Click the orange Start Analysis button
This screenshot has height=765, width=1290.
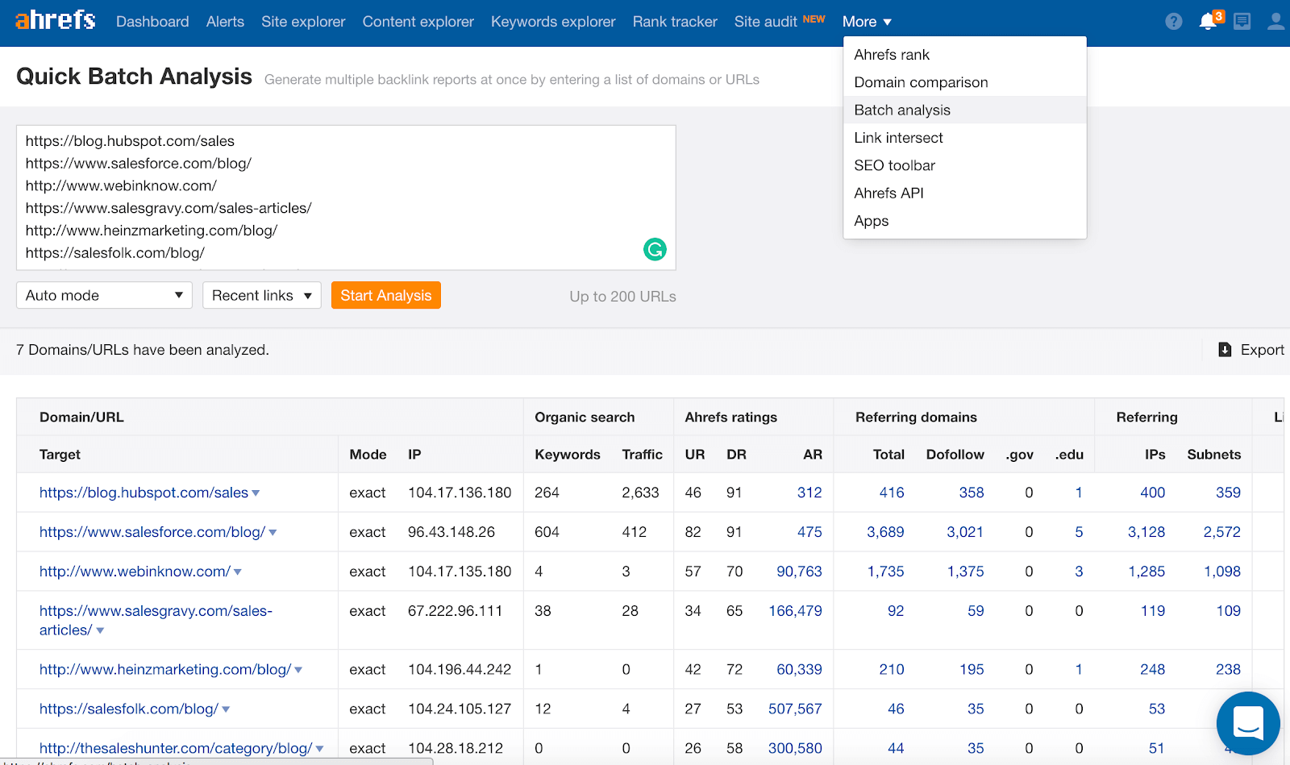click(x=385, y=296)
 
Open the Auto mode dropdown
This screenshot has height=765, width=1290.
click(x=104, y=296)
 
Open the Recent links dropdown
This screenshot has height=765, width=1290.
click(x=261, y=296)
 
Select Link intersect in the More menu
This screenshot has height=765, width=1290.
click(x=898, y=138)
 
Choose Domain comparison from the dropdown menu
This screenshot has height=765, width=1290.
click(x=921, y=82)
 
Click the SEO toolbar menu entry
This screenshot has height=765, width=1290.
click(x=894, y=165)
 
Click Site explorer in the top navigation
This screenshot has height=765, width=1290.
click(x=303, y=22)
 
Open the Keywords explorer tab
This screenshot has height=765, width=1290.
click(x=553, y=22)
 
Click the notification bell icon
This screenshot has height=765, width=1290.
click(x=1208, y=22)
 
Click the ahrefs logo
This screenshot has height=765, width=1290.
click(x=56, y=20)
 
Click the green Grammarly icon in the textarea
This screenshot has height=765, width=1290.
click(x=655, y=250)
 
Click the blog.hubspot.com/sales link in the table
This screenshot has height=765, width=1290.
click(x=144, y=493)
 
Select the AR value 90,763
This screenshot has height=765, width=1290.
click(x=799, y=572)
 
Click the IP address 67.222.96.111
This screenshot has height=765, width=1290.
click(x=455, y=611)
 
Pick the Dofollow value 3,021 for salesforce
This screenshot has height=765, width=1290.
click(x=965, y=532)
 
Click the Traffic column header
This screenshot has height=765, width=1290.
click(x=642, y=455)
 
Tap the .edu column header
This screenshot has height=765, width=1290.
click(x=1069, y=455)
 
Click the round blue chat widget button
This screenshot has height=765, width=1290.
click(x=1247, y=723)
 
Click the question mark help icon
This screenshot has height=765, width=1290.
click(x=1174, y=22)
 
